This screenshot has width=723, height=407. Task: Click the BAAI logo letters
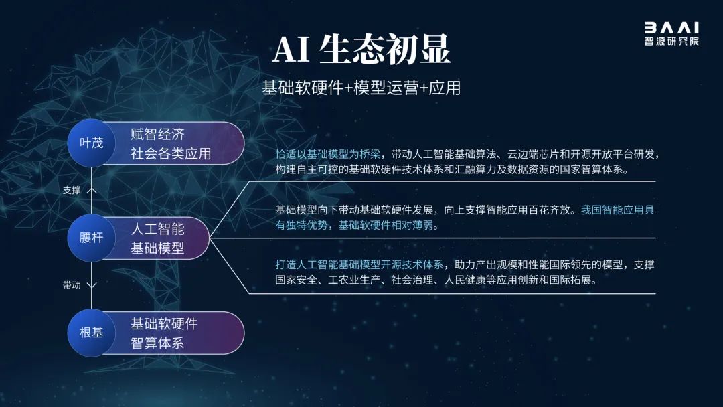point(671,27)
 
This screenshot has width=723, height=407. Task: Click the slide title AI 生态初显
point(361,50)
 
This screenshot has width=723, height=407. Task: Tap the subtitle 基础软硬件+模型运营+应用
point(361,88)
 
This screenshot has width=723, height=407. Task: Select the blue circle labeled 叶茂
point(91,143)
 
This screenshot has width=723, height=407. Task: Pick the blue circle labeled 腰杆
point(91,238)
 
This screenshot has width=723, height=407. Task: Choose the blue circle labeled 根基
point(91,332)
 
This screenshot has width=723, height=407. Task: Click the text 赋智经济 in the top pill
point(157,134)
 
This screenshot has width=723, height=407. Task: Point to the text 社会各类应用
point(171,153)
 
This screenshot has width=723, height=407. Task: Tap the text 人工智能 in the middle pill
point(157,229)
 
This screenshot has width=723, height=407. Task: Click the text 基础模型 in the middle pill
point(157,248)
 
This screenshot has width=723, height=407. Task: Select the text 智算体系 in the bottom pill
point(157,343)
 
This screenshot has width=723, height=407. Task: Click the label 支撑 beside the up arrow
point(72,190)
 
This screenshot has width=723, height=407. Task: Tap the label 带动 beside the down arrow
point(72,285)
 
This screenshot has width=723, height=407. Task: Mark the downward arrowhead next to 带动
point(92,285)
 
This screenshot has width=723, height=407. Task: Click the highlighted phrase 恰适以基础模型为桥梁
point(328,154)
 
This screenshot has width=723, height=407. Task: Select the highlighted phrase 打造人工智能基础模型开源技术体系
point(359,264)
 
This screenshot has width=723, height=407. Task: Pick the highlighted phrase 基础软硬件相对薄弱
point(386,225)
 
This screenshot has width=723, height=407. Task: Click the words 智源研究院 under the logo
point(671,41)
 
